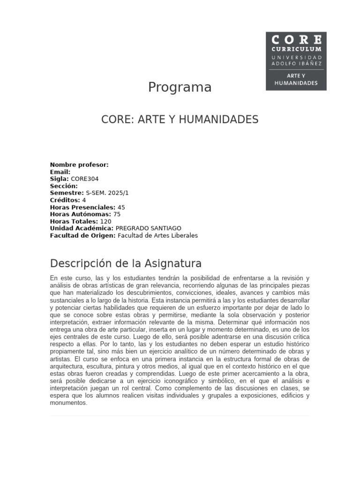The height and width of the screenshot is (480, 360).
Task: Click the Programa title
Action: click(x=180, y=87)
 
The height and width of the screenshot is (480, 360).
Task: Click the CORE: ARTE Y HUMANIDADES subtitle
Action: click(x=180, y=120)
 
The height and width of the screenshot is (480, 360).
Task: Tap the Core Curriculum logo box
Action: click(x=296, y=61)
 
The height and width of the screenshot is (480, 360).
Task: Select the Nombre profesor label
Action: click(x=79, y=165)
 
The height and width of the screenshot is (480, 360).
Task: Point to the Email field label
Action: click(x=60, y=172)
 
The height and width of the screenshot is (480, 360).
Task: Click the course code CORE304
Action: click(x=85, y=179)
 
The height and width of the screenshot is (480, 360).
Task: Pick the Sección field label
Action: click(x=64, y=186)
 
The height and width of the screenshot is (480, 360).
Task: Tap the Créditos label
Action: click(x=65, y=200)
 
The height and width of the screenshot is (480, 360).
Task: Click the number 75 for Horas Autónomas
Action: click(x=117, y=214)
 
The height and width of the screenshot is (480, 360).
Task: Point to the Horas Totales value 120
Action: click(x=106, y=221)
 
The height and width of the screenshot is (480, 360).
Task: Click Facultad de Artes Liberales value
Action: click(x=157, y=235)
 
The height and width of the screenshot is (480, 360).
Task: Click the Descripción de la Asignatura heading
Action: click(x=126, y=262)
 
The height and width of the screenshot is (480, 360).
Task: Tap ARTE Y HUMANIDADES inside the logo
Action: click(x=296, y=79)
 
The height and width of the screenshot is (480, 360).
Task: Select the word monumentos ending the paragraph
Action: click(x=68, y=403)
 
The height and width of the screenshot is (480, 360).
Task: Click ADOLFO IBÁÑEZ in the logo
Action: click(x=296, y=63)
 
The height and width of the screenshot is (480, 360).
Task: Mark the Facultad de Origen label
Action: click(x=82, y=235)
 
